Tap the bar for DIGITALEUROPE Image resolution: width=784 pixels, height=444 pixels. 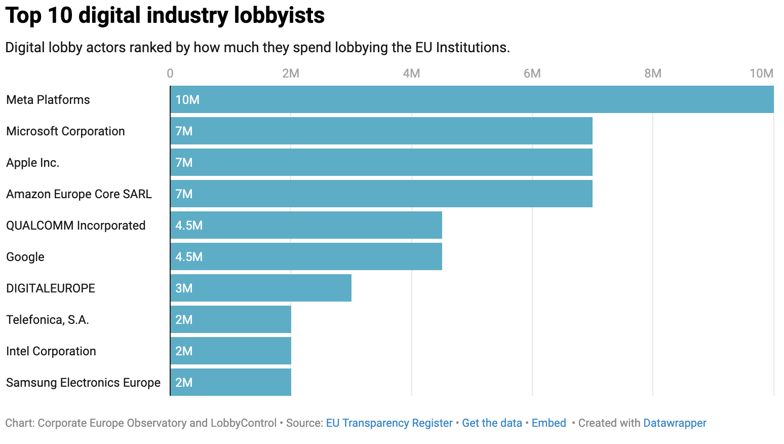pos(261,288)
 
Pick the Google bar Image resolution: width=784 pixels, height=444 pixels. pos(306,256)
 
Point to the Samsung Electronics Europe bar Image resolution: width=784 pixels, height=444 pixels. pos(231,382)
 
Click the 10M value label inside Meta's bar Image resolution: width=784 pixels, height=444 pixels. pos(187,100)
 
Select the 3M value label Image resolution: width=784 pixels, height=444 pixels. pos(184,288)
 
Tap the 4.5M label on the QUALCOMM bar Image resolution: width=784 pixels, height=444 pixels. pos(189,226)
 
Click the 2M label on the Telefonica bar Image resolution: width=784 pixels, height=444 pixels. pos(184,320)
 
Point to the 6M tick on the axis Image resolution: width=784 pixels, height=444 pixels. pos(532,73)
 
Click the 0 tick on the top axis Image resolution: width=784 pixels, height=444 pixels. pos(170,73)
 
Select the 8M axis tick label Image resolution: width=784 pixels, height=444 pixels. pos(653,73)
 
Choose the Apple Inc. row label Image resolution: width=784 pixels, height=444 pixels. pos(33,163)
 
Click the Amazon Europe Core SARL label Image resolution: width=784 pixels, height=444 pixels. pos(79,194)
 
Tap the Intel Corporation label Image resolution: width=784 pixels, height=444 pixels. pos(51,351)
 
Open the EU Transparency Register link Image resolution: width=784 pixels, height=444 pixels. pos(389,423)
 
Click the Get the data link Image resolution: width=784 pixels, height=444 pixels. pos(492,423)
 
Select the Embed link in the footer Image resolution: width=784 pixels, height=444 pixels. pos(548,423)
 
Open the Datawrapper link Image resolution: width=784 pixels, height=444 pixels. pos(675,423)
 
